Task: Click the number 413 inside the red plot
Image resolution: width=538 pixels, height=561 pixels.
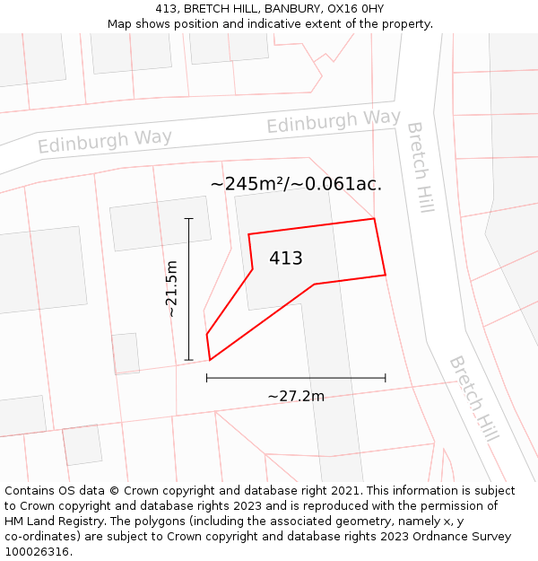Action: pyautogui.click(x=285, y=259)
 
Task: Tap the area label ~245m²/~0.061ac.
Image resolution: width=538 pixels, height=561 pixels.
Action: pyautogui.click(x=296, y=184)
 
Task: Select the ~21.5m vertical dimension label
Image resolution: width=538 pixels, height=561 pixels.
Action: pyautogui.click(x=172, y=289)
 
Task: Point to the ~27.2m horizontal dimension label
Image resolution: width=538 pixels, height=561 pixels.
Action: pyautogui.click(x=296, y=396)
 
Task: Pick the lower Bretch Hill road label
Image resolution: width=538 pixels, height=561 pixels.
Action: pyautogui.click(x=473, y=399)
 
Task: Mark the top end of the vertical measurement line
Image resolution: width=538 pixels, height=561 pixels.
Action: pyautogui.click(x=188, y=218)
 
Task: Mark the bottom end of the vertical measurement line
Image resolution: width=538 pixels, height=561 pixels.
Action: pyautogui.click(x=188, y=360)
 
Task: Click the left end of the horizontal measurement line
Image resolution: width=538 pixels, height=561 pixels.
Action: pyautogui.click(x=207, y=378)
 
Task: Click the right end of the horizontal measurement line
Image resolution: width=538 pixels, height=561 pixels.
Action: pyautogui.click(x=386, y=378)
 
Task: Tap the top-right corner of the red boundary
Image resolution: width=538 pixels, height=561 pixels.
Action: pyautogui.click(x=373, y=218)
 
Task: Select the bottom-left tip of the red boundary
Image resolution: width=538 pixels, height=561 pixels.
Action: pyautogui.click(x=210, y=360)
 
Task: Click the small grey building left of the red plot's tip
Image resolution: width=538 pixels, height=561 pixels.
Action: pyautogui.click(x=126, y=353)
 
